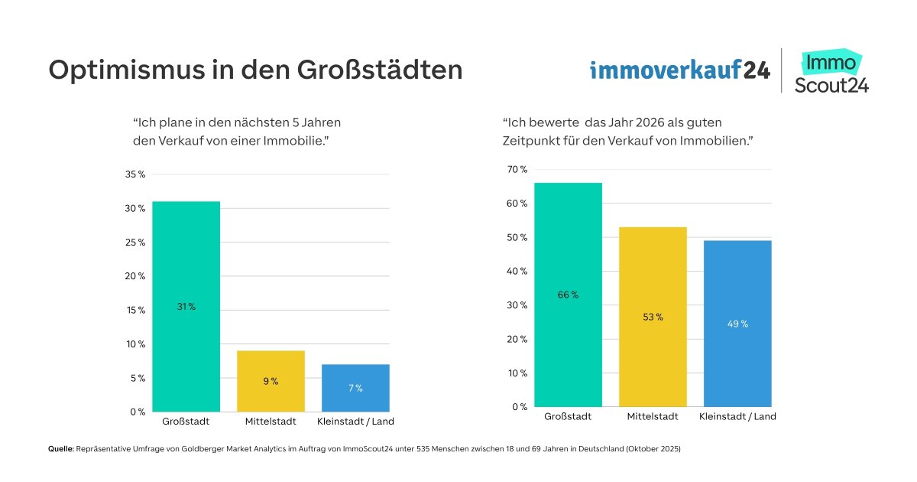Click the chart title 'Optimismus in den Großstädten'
coord(255,70)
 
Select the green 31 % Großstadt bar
coord(186,306)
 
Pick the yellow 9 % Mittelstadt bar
coord(271,381)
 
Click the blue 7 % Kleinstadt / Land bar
coord(355,388)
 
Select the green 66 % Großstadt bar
coord(568,295)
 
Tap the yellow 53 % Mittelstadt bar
coord(653,317)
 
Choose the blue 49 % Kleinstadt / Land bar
coord(737,324)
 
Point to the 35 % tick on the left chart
coord(135,174)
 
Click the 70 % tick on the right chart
coord(517,170)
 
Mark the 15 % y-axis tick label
coord(135,310)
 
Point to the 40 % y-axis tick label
coord(517,272)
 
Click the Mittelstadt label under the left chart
coord(271,422)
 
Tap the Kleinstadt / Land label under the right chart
coord(737,416)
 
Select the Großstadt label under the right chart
coord(568,416)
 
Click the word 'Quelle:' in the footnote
coord(60,450)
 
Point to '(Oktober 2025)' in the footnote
coord(652,450)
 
